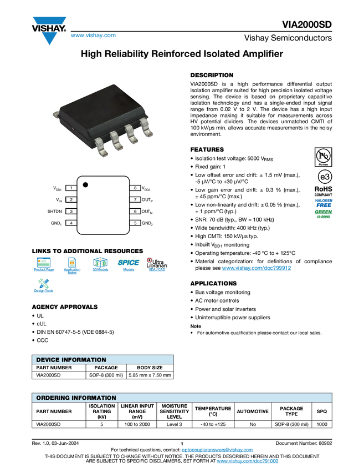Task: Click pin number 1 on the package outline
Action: (x=71, y=188)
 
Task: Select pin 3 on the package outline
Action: (x=71, y=212)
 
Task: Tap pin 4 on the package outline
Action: (x=71, y=223)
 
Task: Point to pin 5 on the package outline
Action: (x=135, y=223)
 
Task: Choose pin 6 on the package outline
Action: (x=135, y=212)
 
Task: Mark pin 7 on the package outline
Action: (x=135, y=199)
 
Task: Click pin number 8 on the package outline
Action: (x=135, y=188)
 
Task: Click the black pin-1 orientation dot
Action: (x=86, y=184)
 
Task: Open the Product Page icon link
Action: (x=44, y=265)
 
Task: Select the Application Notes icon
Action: (x=72, y=265)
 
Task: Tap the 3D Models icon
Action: (x=100, y=265)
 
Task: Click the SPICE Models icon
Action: (x=129, y=265)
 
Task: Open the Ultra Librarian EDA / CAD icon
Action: (x=157, y=265)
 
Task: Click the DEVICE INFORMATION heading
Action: (x=71, y=360)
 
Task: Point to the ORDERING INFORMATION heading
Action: (x=76, y=398)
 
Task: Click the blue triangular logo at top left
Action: (x=50, y=38)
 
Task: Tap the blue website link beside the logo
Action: (x=93, y=36)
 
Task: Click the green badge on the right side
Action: (x=324, y=213)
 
